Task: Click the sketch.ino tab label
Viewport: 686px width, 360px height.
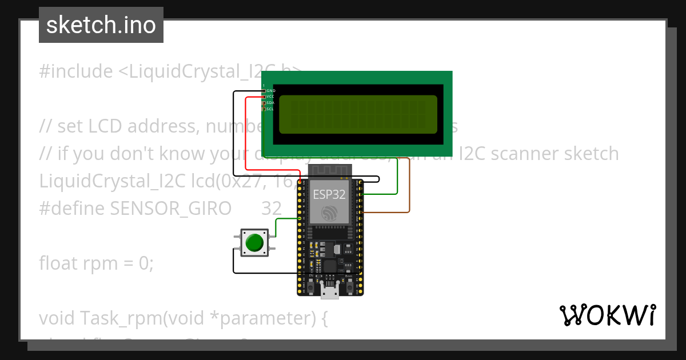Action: pos(101,25)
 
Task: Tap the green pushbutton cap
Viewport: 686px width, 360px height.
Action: pos(254,243)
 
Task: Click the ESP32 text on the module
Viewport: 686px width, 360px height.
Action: pos(329,194)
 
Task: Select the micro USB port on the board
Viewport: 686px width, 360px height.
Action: pos(329,291)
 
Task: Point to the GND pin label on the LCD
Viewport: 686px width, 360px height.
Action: pos(271,91)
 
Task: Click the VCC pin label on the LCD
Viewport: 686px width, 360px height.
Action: pos(270,97)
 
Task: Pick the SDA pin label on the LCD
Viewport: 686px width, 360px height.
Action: pos(270,103)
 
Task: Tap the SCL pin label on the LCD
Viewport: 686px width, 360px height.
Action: pos(270,109)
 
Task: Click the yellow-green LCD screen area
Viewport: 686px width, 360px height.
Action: pos(358,114)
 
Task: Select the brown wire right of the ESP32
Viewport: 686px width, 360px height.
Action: pos(409,189)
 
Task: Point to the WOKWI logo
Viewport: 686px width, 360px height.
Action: pos(607,315)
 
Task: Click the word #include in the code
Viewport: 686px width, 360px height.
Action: pos(76,71)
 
